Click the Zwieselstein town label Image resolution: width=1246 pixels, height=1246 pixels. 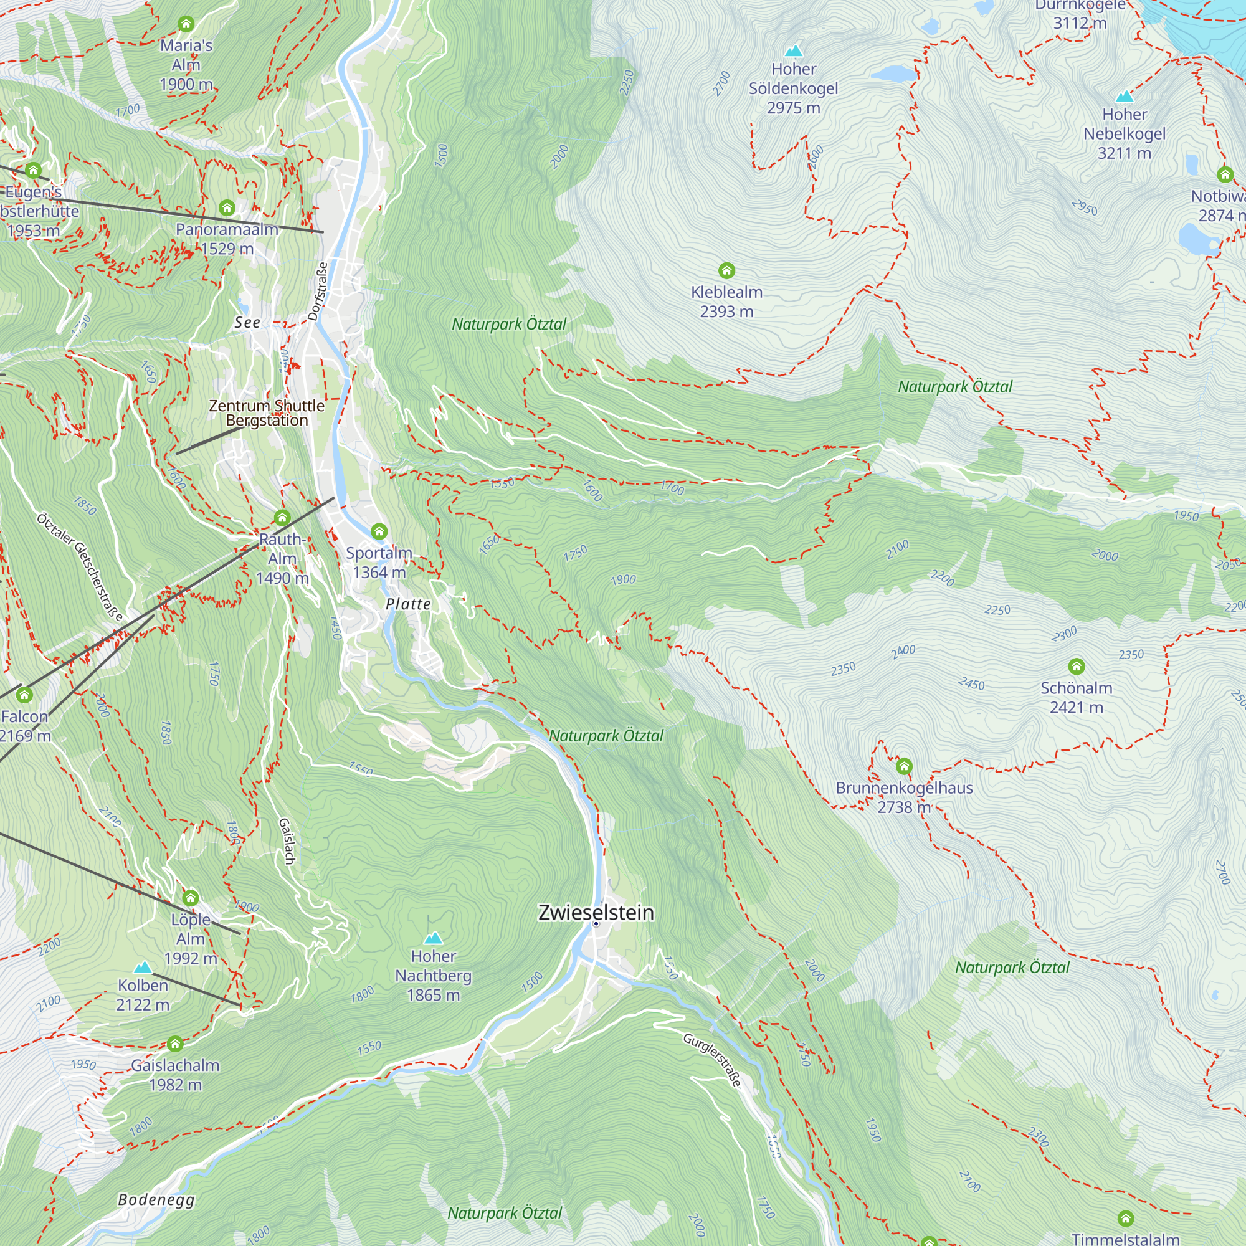[x=596, y=913]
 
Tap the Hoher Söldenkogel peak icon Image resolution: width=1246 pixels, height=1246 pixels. [x=793, y=50]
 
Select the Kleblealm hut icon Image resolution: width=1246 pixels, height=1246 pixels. [x=726, y=270]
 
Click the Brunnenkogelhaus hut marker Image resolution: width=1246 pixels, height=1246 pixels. [x=903, y=766]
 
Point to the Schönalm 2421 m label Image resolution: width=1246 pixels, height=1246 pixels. [x=1076, y=697]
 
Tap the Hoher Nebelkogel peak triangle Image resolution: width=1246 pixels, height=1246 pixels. [x=1124, y=96]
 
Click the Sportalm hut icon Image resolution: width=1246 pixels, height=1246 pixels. [x=379, y=531]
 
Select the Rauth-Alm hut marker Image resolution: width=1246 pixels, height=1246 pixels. [x=282, y=517]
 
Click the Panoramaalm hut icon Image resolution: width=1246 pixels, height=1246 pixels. [x=226, y=207]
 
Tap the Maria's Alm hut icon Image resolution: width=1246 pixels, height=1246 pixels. [x=186, y=24]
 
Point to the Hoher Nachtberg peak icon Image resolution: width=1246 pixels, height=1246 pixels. [x=433, y=938]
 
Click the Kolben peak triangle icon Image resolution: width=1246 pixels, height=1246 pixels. [x=143, y=967]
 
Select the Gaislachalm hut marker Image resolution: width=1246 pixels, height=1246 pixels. [x=175, y=1044]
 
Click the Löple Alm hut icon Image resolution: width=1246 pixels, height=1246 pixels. [x=190, y=898]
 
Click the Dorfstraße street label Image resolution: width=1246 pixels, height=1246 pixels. [x=317, y=291]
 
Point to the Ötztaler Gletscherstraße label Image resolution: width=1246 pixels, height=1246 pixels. [x=79, y=566]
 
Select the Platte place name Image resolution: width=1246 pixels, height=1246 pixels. [x=407, y=604]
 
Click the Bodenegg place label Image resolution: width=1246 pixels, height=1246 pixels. [x=156, y=1199]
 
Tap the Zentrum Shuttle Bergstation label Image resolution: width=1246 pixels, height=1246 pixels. [x=267, y=413]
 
